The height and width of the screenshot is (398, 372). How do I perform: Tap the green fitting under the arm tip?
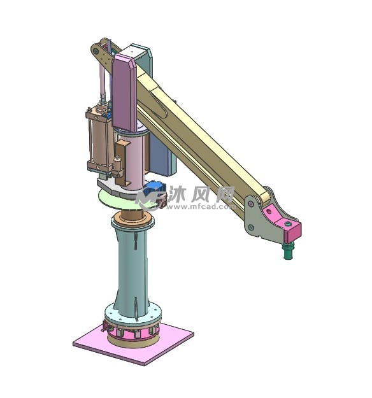(x=289, y=250)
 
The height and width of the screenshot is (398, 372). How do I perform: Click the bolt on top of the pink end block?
(x=287, y=224)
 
